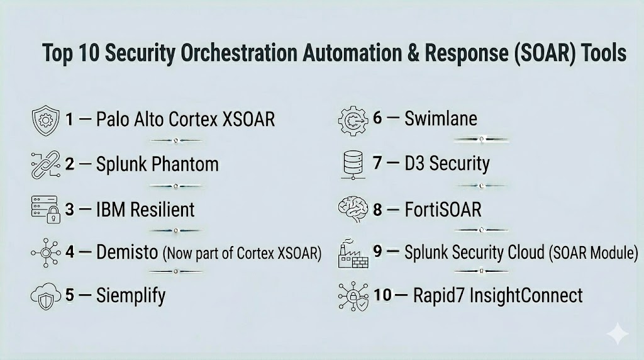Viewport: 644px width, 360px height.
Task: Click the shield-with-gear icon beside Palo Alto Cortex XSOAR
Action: (x=45, y=120)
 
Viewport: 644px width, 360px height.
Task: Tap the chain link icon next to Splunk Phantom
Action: (x=45, y=164)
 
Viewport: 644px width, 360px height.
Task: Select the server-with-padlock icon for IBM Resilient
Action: (x=45, y=210)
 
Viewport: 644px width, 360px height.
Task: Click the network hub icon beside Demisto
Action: (x=45, y=253)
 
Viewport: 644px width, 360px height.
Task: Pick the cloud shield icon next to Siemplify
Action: (x=45, y=296)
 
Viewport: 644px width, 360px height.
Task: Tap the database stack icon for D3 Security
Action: (x=353, y=165)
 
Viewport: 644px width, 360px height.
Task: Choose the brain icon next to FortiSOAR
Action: (x=353, y=210)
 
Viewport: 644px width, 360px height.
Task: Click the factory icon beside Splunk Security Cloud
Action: (x=353, y=254)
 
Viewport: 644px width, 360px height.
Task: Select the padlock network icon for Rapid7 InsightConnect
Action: (x=353, y=296)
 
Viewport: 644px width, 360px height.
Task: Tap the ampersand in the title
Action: (x=414, y=53)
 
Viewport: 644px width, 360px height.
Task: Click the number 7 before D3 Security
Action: (x=377, y=163)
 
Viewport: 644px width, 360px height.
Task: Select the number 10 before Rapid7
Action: (x=382, y=295)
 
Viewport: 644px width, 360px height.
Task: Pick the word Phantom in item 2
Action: (x=186, y=164)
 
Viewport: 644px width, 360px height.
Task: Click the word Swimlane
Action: (x=441, y=118)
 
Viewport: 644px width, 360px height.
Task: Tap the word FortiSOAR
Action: (x=443, y=210)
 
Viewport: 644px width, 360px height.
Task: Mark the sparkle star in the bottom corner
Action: (x=618, y=334)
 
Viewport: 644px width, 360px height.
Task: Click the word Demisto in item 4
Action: (x=127, y=252)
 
